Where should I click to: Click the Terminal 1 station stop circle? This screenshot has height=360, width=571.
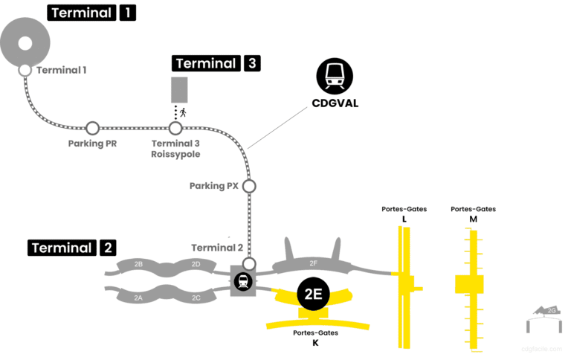pyautogui.click(x=25, y=70)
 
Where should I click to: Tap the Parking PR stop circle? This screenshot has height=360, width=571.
pyautogui.click(x=92, y=128)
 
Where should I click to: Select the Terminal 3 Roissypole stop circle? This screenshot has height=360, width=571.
pyautogui.click(x=175, y=128)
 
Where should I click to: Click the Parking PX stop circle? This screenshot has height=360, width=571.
pyautogui.click(x=249, y=186)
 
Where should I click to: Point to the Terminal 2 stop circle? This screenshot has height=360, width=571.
pyautogui.click(x=249, y=263)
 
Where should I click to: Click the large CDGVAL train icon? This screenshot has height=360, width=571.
pyautogui.click(x=335, y=76)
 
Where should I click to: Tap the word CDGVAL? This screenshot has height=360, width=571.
pyautogui.click(x=335, y=103)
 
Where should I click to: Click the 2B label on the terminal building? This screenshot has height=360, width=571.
pyautogui.click(x=138, y=264)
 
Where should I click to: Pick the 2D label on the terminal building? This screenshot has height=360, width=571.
pyautogui.click(x=196, y=264)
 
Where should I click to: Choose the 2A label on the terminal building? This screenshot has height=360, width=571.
pyautogui.click(x=138, y=298)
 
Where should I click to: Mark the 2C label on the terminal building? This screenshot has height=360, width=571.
pyautogui.click(x=196, y=298)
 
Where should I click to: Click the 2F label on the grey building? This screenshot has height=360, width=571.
pyautogui.click(x=313, y=263)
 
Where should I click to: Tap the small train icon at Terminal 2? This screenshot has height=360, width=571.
pyautogui.click(x=242, y=282)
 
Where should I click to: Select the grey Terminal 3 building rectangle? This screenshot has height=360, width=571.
pyautogui.click(x=179, y=90)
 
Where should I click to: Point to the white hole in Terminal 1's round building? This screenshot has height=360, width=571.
pyautogui.click(x=25, y=42)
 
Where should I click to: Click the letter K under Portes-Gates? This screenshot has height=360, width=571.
pyautogui.click(x=315, y=343)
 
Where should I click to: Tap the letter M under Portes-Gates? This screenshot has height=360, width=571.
pyautogui.click(x=473, y=219)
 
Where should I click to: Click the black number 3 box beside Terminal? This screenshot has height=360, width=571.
pyautogui.click(x=251, y=63)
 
